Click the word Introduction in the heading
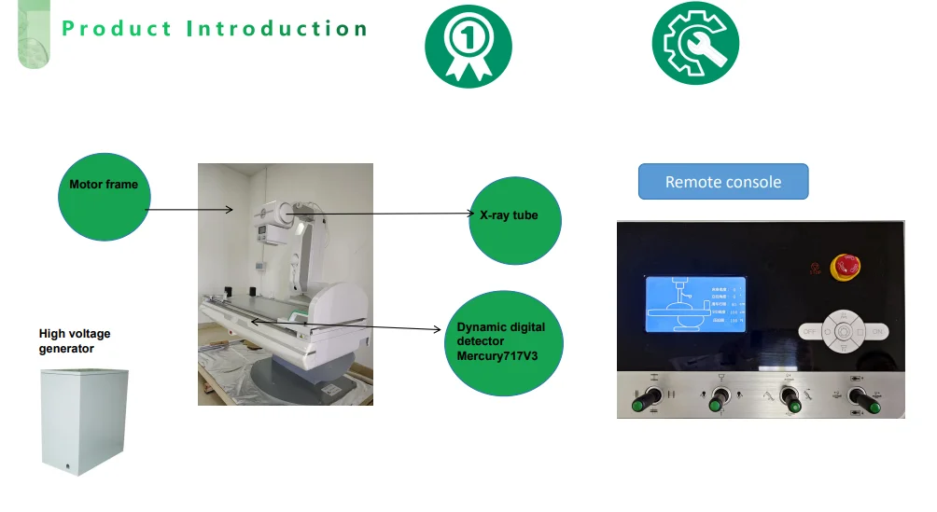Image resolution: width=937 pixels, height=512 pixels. pyautogui.click(x=276, y=28)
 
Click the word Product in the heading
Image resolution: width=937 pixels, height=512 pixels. pyautogui.click(x=117, y=28)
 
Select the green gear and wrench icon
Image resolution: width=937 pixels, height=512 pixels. pyautogui.click(x=694, y=43)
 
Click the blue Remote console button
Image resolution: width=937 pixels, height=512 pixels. pyautogui.click(x=722, y=182)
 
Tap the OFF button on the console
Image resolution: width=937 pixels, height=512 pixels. pyautogui.click(x=808, y=331)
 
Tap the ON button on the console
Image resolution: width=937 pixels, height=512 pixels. pyautogui.click(x=877, y=331)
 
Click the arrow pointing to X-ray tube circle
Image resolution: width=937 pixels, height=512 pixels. pyautogui.click(x=392, y=214)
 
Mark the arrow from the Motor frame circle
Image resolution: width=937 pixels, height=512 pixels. pyautogui.click(x=191, y=209)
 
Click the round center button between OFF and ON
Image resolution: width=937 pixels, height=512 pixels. pyautogui.click(x=843, y=331)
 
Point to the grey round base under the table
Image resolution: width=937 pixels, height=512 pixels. pyautogui.click(x=280, y=378)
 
